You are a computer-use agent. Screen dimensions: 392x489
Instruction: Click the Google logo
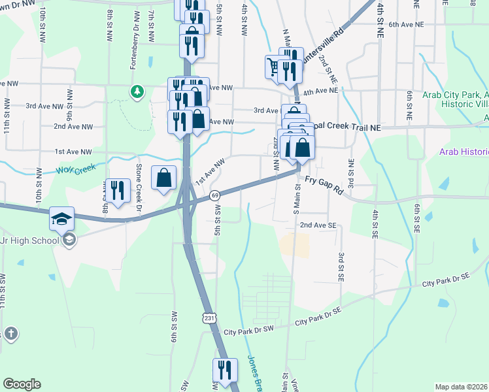pyautogui.click(x=22, y=384)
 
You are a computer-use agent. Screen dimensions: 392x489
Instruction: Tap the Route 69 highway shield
pyautogui.click(x=214, y=195)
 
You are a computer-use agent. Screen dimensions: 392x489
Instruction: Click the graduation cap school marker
pyautogui.click(x=62, y=218)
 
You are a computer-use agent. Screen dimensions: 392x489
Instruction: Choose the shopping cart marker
pyautogui.click(x=274, y=66)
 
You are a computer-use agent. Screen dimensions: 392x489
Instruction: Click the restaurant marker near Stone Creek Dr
pyautogui.click(x=117, y=190)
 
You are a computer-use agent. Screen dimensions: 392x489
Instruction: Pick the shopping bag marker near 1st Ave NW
pyautogui.click(x=163, y=177)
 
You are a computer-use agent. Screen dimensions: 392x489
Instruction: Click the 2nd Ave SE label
pyautogui.click(x=318, y=225)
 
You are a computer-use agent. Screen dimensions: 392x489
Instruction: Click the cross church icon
pyautogui.click(x=10, y=334)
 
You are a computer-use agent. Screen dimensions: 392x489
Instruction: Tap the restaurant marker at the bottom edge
pyautogui.click(x=224, y=370)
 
